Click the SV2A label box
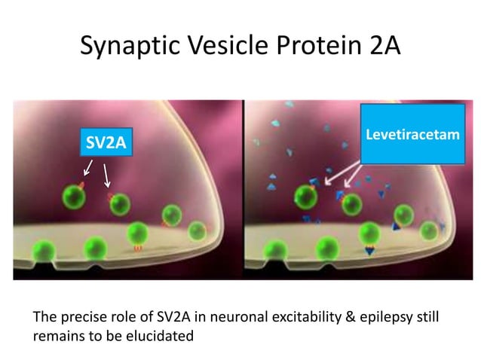(x=106, y=141)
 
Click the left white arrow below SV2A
(x=87, y=166)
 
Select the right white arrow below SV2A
(x=108, y=176)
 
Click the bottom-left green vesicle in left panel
(x=45, y=249)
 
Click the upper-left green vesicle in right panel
(x=305, y=197)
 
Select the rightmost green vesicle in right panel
(x=430, y=230)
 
